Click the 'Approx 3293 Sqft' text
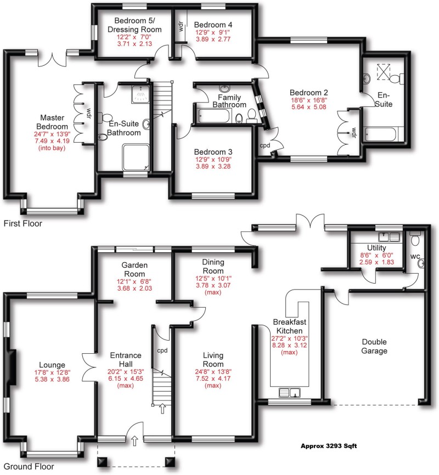coord(329,446)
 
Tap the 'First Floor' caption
coord(22,224)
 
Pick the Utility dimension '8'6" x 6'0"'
coord(370,255)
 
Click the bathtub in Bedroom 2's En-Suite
coord(384,134)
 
